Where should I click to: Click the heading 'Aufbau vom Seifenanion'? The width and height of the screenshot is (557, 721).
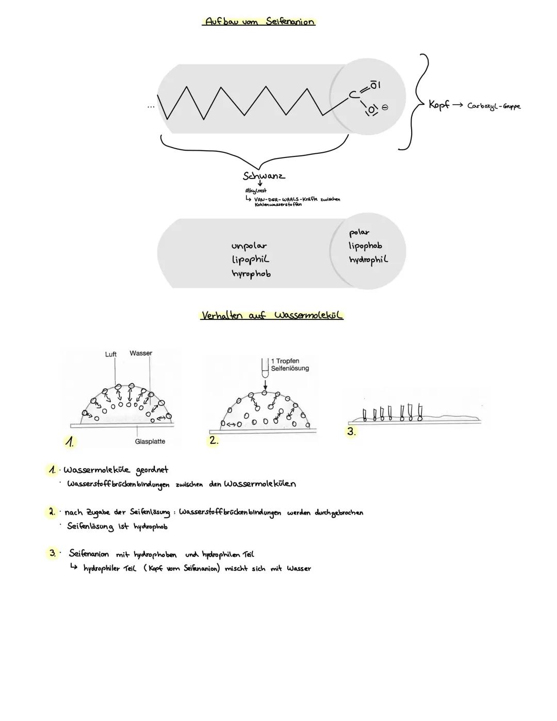pyautogui.click(x=259, y=22)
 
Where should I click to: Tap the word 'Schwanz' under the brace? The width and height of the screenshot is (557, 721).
pyautogui.click(x=264, y=175)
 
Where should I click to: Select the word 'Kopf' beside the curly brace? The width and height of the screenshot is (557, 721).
pyautogui.click(x=439, y=104)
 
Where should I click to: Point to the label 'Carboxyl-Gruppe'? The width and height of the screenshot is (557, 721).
pyautogui.click(x=494, y=106)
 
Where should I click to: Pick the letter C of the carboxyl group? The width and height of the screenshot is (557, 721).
pyautogui.click(x=353, y=94)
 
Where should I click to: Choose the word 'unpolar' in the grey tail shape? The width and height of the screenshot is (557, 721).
pyautogui.click(x=249, y=246)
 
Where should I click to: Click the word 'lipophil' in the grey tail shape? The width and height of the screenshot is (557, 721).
pyautogui.click(x=251, y=259)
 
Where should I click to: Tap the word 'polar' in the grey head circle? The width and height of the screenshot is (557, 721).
pyautogui.click(x=359, y=232)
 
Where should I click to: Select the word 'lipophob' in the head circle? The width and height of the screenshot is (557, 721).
pyautogui.click(x=365, y=246)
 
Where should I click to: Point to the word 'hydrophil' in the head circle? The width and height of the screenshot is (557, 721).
pyautogui.click(x=368, y=260)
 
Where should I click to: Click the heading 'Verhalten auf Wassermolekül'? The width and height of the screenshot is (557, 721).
pyautogui.click(x=271, y=315)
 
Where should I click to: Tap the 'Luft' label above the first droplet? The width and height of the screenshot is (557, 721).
pyautogui.click(x=111, y=354)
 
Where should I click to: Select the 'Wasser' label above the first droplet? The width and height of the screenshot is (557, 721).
pyautogui.click(x=141, y=353)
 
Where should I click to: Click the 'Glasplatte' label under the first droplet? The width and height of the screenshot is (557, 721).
pyautogui.click(x=150, y=441)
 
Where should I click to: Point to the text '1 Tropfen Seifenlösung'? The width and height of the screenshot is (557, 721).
pyautogui.click(x=289, y=364)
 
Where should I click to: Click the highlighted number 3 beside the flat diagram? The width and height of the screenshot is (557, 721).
pyautogui.click(x=351, y=431)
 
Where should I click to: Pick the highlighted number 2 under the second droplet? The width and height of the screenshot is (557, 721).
pyautogui.click(x=214, y=441)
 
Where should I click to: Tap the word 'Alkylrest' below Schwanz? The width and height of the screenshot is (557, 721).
pyautogui.click(x=256, y=191)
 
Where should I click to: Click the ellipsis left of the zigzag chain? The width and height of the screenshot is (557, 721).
pyautogui.click(x=150, y=107)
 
